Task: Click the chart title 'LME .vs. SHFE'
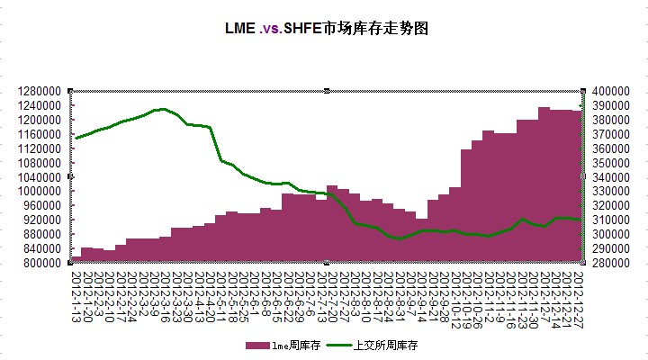tap(325, 28)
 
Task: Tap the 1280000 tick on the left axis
tap(38, 91)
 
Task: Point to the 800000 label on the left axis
tap(40, 263)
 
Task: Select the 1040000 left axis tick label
tap(38, 177)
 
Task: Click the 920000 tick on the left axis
tap(40, 220)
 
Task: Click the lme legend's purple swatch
tap(257, 345)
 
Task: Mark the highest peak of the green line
tap(160, 109)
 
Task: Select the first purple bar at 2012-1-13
tap(76, 259)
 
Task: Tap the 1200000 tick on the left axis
tap(38, 120)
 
